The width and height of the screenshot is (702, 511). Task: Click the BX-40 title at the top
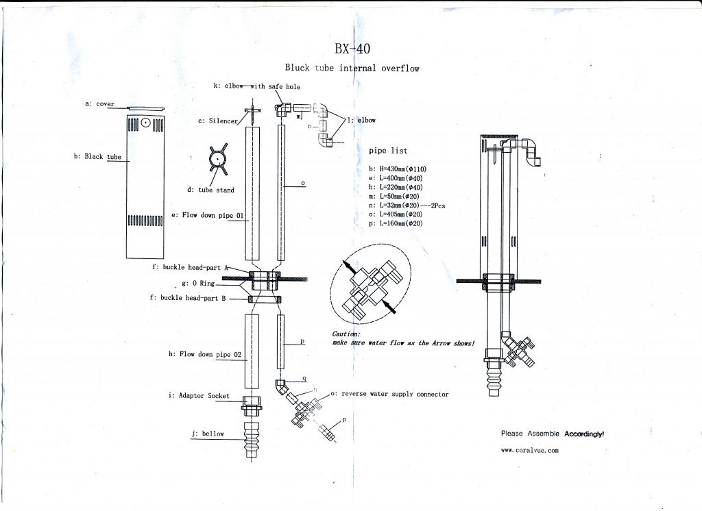(353, 49)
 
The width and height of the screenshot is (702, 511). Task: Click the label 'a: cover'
(99, 104)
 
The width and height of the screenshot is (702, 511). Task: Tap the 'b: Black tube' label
(97, 157)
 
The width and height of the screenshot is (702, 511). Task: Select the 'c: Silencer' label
(218, 121)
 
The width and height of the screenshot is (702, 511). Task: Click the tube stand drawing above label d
(217, 159)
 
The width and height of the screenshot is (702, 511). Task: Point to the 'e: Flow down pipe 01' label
(208, 215)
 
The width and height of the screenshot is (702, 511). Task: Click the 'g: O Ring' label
(198, 283)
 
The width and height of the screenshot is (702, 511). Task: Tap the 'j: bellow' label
(208, 434)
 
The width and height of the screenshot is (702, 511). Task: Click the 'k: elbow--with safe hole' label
(256, 86)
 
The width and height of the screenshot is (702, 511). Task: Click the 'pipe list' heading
(388, 151)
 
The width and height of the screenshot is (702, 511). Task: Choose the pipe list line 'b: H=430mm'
(399, 169)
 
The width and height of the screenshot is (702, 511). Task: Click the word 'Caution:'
(346, 334)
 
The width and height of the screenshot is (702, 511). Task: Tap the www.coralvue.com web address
(530, 450)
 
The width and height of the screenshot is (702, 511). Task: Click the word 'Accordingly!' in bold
(584, 434)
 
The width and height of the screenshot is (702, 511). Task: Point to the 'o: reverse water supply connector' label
(389, 395)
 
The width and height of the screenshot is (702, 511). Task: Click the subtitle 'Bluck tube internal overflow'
(352, 68)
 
